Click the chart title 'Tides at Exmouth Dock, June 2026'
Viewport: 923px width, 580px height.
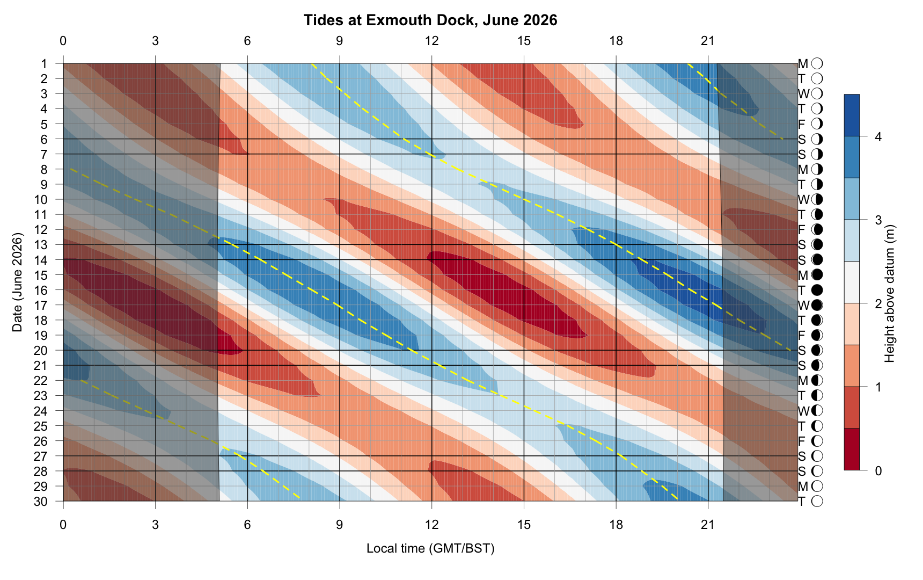point(430,20)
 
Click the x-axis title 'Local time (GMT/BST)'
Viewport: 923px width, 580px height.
point(430,548)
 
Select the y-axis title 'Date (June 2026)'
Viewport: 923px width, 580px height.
point(17,282)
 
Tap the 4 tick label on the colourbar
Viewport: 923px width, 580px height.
point(878,137)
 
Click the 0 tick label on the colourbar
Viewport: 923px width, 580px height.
point(878,471)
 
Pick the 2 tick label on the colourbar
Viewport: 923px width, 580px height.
point(878,304)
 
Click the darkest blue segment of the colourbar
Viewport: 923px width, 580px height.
point(852,115)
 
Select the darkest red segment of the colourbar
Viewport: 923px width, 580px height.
point(852,450)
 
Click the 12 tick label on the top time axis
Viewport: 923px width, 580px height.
point(432,41)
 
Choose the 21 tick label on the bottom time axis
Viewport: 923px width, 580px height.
point(708,524)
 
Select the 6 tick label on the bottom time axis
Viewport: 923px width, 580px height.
point(247,524)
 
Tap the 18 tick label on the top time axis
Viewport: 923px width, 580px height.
point(616,41)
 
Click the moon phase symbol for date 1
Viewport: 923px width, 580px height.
point(817,64)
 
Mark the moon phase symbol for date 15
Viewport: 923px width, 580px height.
point(817,275)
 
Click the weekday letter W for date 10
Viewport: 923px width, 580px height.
point(803,200)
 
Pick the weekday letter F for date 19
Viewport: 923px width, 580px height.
point(802,336)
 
